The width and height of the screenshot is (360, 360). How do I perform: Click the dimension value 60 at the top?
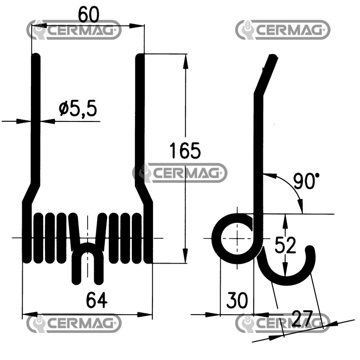[89, 15]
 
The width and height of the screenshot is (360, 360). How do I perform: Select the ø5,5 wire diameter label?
[78, 109]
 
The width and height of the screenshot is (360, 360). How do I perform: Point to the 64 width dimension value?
[96, 301]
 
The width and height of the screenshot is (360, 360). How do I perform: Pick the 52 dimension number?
[285, 246]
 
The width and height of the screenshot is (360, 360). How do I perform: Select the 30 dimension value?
[237, 301]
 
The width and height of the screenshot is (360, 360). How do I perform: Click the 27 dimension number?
[302, 318]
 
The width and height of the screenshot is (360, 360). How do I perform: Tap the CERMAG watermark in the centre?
[180, 173]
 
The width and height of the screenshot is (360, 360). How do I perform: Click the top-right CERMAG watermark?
[283, 30]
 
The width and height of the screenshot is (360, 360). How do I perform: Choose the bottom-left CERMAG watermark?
[74, 323]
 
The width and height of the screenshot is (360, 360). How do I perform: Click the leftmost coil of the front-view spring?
[27, 234]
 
